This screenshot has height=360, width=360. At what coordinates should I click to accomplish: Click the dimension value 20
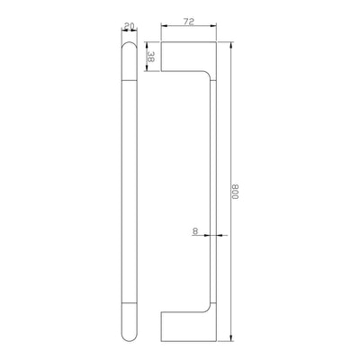(129, 26)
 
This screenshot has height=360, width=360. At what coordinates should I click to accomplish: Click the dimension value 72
(189, 21)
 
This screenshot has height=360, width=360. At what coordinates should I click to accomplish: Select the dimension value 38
(150, 57)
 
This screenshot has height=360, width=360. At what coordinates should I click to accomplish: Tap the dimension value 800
(235, 192)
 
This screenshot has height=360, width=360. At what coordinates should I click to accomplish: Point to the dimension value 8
(195, 231)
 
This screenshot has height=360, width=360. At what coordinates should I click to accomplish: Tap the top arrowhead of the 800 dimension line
(231, 45)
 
